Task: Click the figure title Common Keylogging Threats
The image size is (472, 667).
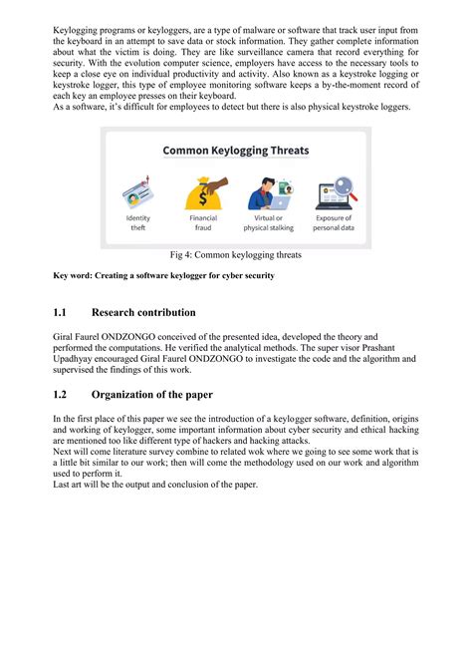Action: point(235,152)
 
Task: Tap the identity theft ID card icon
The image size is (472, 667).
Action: point(138,191)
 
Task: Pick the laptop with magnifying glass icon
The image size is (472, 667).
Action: point(333,191)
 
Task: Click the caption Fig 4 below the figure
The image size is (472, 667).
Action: point(235,256)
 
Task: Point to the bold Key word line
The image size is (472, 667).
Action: point(163,275)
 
